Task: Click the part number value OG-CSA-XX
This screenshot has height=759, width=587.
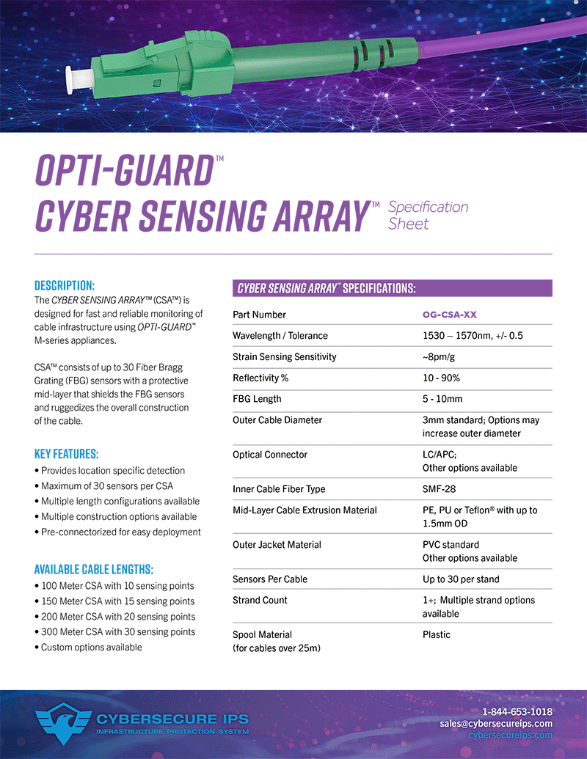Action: [449, 315]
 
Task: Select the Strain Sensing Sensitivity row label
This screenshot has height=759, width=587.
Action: [284, 356]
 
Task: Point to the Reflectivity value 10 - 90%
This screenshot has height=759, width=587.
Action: [441, 378]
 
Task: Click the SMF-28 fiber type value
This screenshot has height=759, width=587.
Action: [440, 489]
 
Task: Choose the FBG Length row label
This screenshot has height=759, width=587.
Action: [257, 399]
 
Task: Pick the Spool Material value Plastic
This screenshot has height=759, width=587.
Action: [437, 634]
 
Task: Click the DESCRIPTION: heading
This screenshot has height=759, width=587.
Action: [65, 285]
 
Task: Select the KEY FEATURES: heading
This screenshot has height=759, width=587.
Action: [66, 453]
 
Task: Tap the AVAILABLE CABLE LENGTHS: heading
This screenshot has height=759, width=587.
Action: [93, 569]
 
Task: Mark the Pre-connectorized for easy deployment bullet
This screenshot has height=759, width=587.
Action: [120, 532]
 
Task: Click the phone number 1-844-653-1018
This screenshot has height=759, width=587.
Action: [517, 711]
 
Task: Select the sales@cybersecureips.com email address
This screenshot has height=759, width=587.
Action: [496, 723]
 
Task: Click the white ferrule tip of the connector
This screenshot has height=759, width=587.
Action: [73, 75]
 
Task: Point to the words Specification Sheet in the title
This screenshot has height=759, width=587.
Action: [427, 215]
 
